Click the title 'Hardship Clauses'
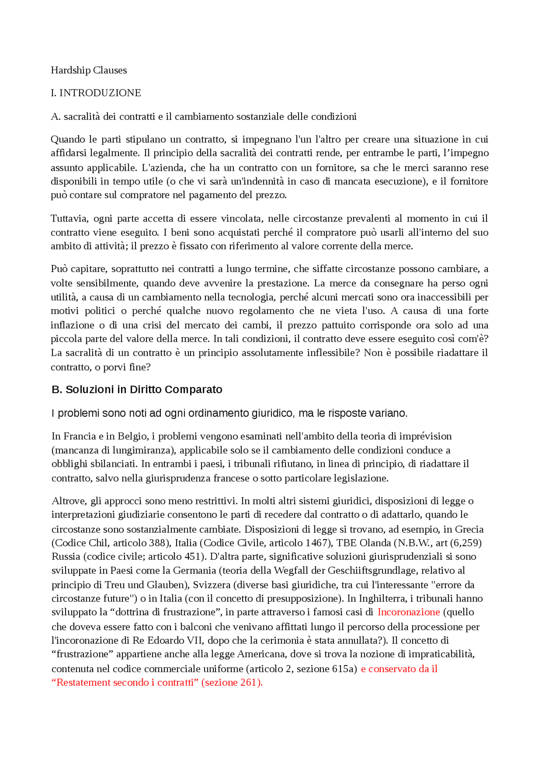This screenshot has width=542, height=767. click(x=88, y=70)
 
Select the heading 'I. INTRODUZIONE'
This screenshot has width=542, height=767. click(x=96, y=93)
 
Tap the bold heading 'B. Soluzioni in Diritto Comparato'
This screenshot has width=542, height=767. click(x=137, y=390)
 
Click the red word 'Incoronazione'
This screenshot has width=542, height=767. click(x=409, y=612)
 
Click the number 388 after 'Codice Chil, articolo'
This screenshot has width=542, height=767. click(x=157, y=543)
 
